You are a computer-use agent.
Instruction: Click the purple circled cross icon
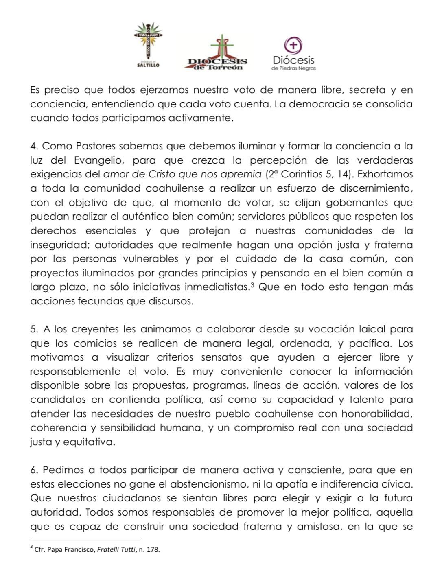pyautogui.click(x=293, y=45)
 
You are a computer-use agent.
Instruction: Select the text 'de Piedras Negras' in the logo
pyautogui.click(x=293, y=68)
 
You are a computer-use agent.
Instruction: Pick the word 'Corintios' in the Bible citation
pyautogui.click(x=301, y=175)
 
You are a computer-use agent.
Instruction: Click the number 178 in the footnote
pyautogui.click(x=153, y=549)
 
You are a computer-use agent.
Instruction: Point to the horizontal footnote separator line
pyautogui.click(x=85, y=540)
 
